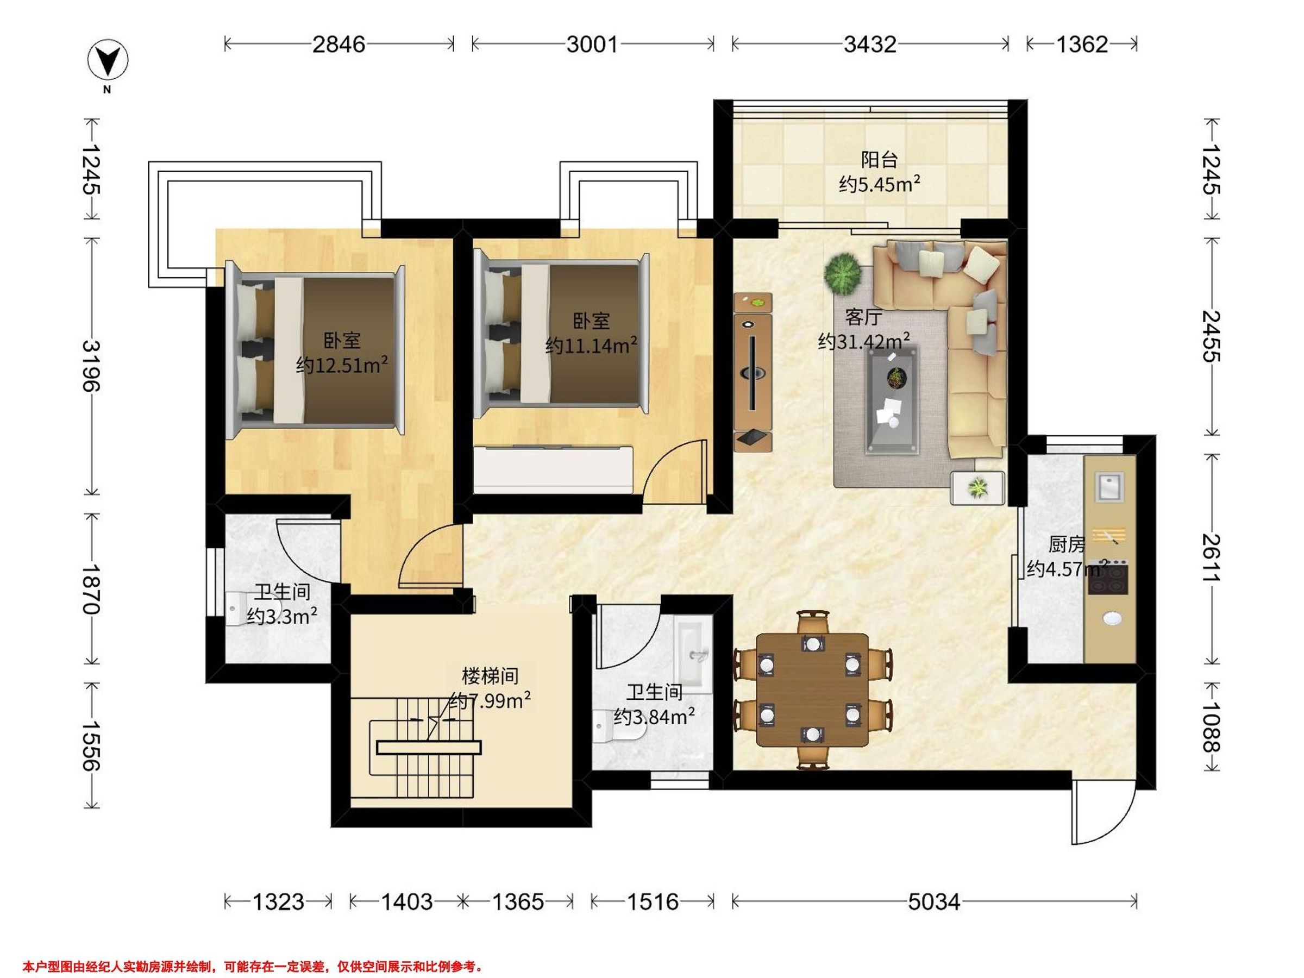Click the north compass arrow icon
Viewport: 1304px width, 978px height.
108,60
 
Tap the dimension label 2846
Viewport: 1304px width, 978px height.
338,44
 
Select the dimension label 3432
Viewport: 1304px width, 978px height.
869,44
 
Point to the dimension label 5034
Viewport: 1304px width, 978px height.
934,902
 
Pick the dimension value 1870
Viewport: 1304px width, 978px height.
91,589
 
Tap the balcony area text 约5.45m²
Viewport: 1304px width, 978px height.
880,185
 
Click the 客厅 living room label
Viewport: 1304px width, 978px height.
864,318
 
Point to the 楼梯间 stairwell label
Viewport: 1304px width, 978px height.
491,675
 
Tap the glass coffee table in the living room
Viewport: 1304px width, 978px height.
892,400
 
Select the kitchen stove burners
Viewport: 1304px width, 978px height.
1108,576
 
